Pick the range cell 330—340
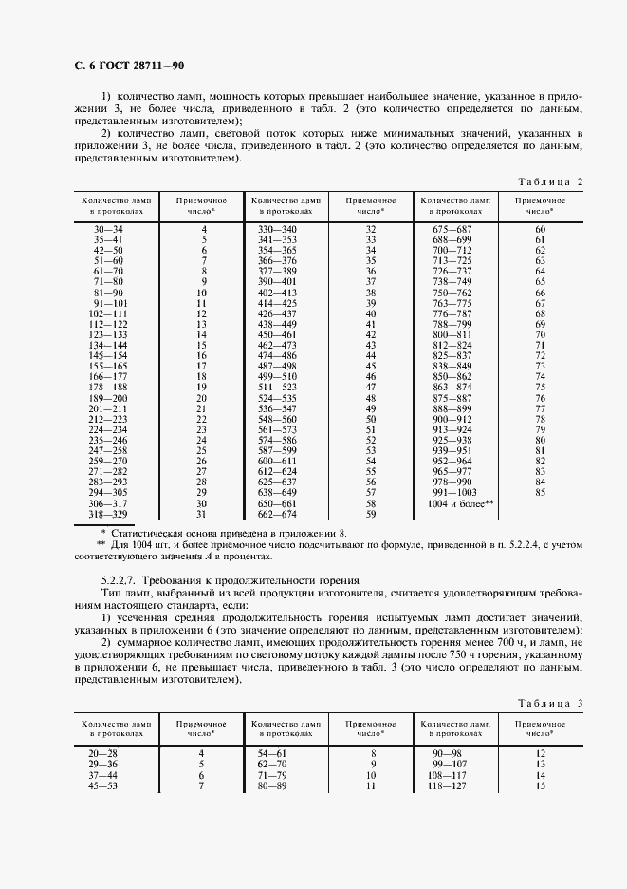[x=277, y=230]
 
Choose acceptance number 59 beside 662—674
[x=371, y=514]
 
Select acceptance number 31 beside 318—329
[x=201, y=514]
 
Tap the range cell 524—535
[x=277, y=399]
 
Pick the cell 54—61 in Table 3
[x=277, y=752]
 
